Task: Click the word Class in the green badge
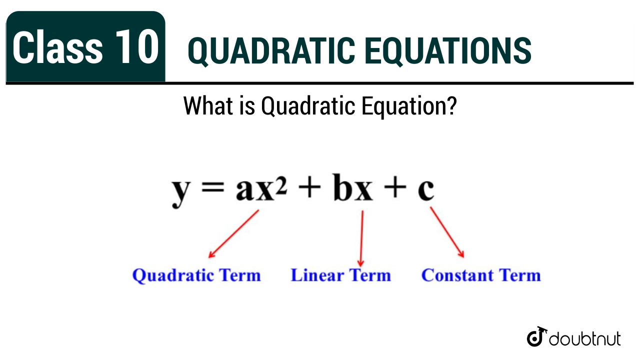tap(57, 46)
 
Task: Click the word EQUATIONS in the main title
tap(447, 51)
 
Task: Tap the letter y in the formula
tap(181, 192)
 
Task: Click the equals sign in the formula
tap(212, 189)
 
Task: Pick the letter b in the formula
tap(343, 187)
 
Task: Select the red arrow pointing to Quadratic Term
tap(233, 234)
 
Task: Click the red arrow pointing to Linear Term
tap(361, 238)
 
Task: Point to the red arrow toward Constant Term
tap(447, 232)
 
